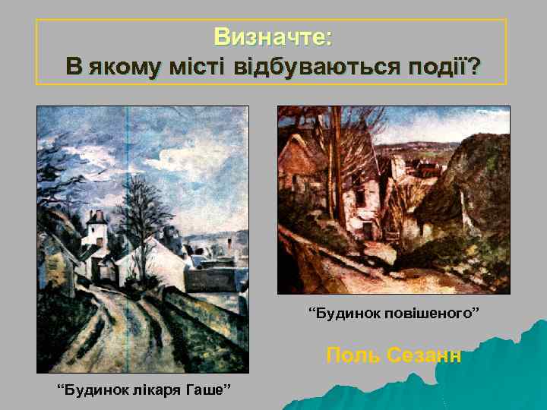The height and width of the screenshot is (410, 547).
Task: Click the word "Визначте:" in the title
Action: pyautogui.click(x=273, y=36)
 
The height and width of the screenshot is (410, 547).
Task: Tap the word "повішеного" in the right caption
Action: pyautogui.click(x=431, y=313)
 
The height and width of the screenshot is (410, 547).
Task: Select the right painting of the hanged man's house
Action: pyautogui.click(x=393, y=199)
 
